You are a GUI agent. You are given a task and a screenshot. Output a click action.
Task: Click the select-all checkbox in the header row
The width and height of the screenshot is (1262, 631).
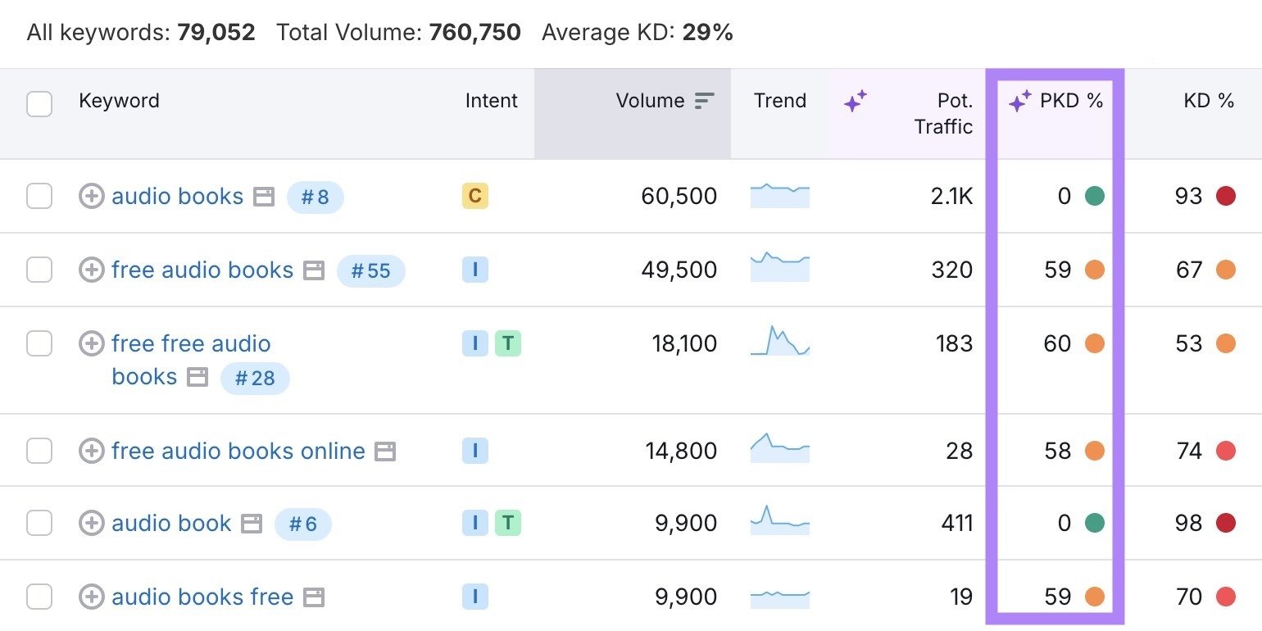[x=39, y=104]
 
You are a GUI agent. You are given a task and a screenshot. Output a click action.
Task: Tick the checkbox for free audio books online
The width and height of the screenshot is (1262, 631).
[x=39, y=451]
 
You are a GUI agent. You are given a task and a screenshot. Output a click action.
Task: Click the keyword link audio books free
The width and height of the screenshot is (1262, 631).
[x=202, y=597]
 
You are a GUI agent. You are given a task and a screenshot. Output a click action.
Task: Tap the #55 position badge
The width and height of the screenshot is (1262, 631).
[x=370, y=270]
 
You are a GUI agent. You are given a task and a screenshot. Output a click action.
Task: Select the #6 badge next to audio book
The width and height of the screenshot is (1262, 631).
[x=302, y=524]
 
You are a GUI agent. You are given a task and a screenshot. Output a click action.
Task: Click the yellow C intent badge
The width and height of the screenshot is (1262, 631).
[x=474, y=196]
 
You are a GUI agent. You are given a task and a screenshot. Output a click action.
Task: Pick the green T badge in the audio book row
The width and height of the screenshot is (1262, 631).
[x=508, y=523]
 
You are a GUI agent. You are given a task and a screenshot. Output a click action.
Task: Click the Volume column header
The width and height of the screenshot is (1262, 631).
[x=650, y=101]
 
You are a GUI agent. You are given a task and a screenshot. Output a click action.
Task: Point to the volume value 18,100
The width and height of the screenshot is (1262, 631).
[x=684, y=343]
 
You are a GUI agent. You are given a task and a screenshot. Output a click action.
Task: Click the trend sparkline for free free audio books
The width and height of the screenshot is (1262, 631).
[x=779, y=342]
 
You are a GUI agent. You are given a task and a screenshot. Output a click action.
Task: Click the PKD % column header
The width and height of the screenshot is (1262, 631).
[x=1070, y=101]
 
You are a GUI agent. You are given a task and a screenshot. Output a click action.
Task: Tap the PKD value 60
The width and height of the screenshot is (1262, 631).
[x=1057, y=343]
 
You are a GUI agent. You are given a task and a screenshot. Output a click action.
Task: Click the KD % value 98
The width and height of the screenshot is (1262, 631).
[x=1188, y=523]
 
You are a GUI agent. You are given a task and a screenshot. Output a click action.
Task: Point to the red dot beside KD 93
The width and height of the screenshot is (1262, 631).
[x=1226, y=196]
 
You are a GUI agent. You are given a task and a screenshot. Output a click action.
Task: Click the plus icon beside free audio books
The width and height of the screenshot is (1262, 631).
[x=91, y=270]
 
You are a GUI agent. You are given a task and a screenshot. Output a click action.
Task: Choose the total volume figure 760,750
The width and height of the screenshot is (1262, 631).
[x=474, y=33]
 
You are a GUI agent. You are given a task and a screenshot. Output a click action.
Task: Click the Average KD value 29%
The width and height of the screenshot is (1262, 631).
[x=707, y=33]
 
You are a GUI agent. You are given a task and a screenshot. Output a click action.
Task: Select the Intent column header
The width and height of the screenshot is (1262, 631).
[x=491, y=101]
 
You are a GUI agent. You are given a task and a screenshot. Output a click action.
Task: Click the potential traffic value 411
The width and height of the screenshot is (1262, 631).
[x=956, y=523]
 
